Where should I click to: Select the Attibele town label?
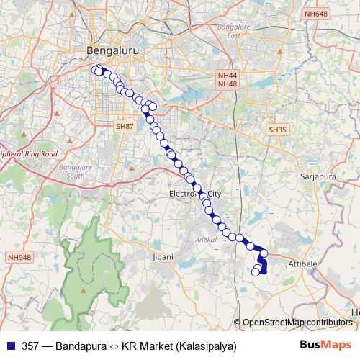(303, 264)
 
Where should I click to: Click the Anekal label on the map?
(207, 238)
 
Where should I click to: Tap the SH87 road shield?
(125, 126)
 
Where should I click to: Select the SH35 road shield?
(277, 130)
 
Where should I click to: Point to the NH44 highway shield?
(227, 75)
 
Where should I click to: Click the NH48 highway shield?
(227, 84)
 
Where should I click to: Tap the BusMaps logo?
(325, 345)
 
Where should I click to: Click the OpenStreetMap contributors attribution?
(298, 322)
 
